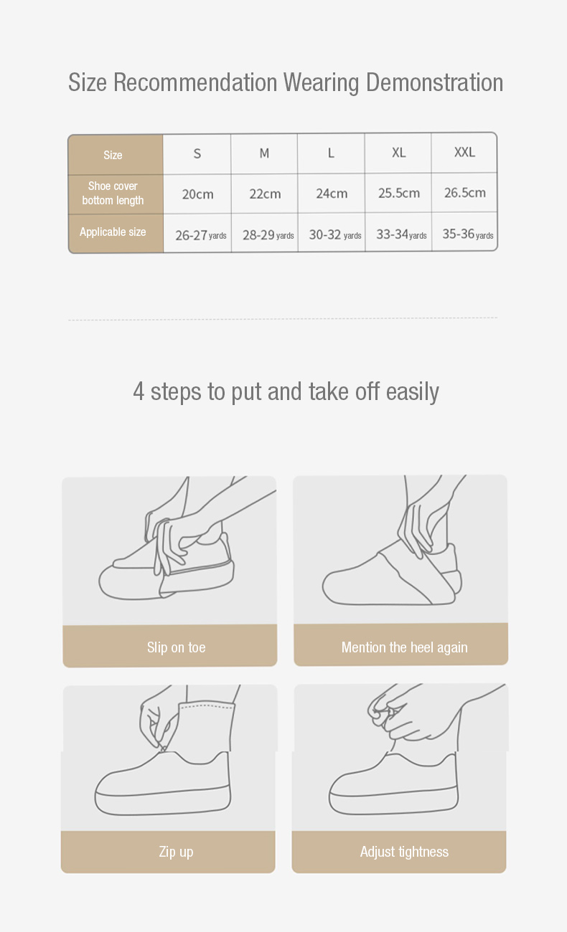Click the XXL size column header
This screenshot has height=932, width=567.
[464, 152]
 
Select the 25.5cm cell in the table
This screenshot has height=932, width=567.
[398, 193]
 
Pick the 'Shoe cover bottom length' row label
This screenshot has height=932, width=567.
[113, 193]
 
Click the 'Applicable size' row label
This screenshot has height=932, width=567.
[113, 232]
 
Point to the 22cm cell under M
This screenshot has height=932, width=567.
[265, 194]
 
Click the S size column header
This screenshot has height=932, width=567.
[197, 153]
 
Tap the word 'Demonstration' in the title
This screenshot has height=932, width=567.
[434, 82]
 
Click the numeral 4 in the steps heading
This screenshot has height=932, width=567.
[139, 391]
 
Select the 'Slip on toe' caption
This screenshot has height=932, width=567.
[177, 647]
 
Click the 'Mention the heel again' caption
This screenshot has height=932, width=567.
[405, 647]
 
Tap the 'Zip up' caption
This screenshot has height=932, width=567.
[176, 852]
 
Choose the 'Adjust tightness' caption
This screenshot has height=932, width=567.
[404, 852]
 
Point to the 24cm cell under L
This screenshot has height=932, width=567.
[332, 194]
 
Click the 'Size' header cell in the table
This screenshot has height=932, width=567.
[113, 155]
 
